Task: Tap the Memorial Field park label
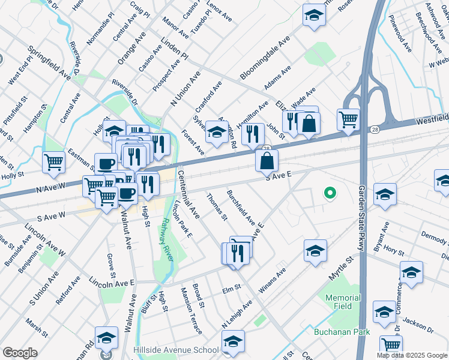coord(343,302)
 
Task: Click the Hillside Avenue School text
coord(176,350)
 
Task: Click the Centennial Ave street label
coord(188,193)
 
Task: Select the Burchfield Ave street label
coord(241,208)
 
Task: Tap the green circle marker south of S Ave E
coord(329,193)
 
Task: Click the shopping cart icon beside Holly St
coord(54,161)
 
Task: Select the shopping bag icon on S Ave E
coord(267,160)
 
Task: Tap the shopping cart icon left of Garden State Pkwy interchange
coord(348,119)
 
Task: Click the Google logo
coord(20,353)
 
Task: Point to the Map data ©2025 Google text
coord(412,355)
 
